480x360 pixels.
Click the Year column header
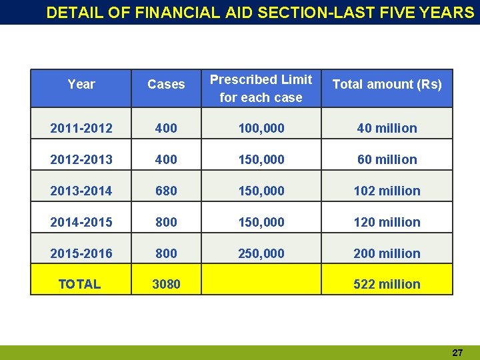(81, 85)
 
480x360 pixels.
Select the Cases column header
(166, 85)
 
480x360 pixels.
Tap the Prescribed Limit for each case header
(261, 89)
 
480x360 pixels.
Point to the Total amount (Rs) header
(387, 85)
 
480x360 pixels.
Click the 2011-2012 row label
(81, 128)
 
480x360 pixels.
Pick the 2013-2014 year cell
(81, 191)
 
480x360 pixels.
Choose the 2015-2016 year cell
(81, 253)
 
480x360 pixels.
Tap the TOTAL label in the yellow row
(79, 284)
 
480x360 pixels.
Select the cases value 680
(166, 191)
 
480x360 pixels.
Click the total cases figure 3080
(166, 284)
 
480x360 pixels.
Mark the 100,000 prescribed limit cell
(261, 128)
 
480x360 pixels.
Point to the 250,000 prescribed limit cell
(261, 253)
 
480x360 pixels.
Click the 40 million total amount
(387, 128)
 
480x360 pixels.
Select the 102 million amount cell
(387, 191)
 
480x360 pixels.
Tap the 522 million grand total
(387, 284)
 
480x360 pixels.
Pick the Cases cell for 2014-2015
(166, 222)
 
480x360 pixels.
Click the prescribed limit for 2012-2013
(261, 159)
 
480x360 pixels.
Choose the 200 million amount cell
(387, 253)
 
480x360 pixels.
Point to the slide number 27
(457, 353)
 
